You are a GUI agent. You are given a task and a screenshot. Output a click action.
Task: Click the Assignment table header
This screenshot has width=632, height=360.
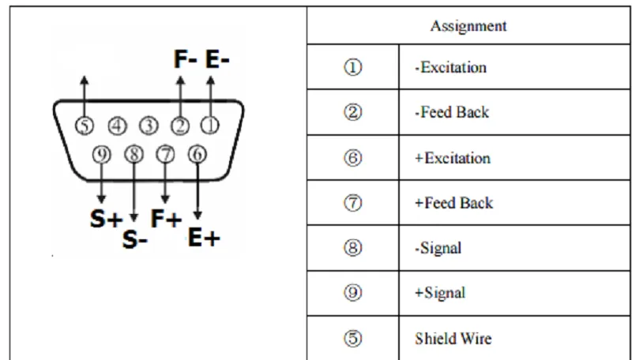point(468,26)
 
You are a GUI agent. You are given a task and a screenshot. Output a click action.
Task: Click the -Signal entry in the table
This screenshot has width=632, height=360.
point(438,248)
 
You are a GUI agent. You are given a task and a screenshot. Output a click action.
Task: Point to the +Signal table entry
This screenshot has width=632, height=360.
point(440,293)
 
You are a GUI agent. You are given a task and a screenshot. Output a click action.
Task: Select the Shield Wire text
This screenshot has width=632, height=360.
point(453,338)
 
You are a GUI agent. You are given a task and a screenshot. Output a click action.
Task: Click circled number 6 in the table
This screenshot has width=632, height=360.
point(352,158)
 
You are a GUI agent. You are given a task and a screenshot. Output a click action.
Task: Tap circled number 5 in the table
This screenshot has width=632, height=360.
point(352,338)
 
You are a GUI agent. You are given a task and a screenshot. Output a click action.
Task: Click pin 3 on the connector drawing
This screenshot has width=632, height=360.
point(149,126)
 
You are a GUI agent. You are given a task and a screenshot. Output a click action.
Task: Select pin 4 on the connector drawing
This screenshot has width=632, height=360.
point(117,126)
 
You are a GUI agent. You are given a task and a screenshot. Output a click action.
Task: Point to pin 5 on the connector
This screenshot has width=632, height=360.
point(85,126)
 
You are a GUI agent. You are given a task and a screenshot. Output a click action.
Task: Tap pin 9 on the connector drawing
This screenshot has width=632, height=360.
point(102,155)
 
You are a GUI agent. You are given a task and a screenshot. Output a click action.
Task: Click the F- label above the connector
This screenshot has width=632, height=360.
point(186,59)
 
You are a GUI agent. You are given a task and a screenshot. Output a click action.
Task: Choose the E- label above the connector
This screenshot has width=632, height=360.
point(217,59)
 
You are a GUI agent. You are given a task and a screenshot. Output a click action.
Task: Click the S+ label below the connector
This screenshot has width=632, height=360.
point(106,219)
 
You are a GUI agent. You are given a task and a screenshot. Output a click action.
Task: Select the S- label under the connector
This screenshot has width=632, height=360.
point(135,239)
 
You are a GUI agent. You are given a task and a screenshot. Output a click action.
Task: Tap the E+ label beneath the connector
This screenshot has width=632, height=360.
point(204,238)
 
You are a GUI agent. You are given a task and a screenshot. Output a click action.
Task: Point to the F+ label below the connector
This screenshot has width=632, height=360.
point(166,219)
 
